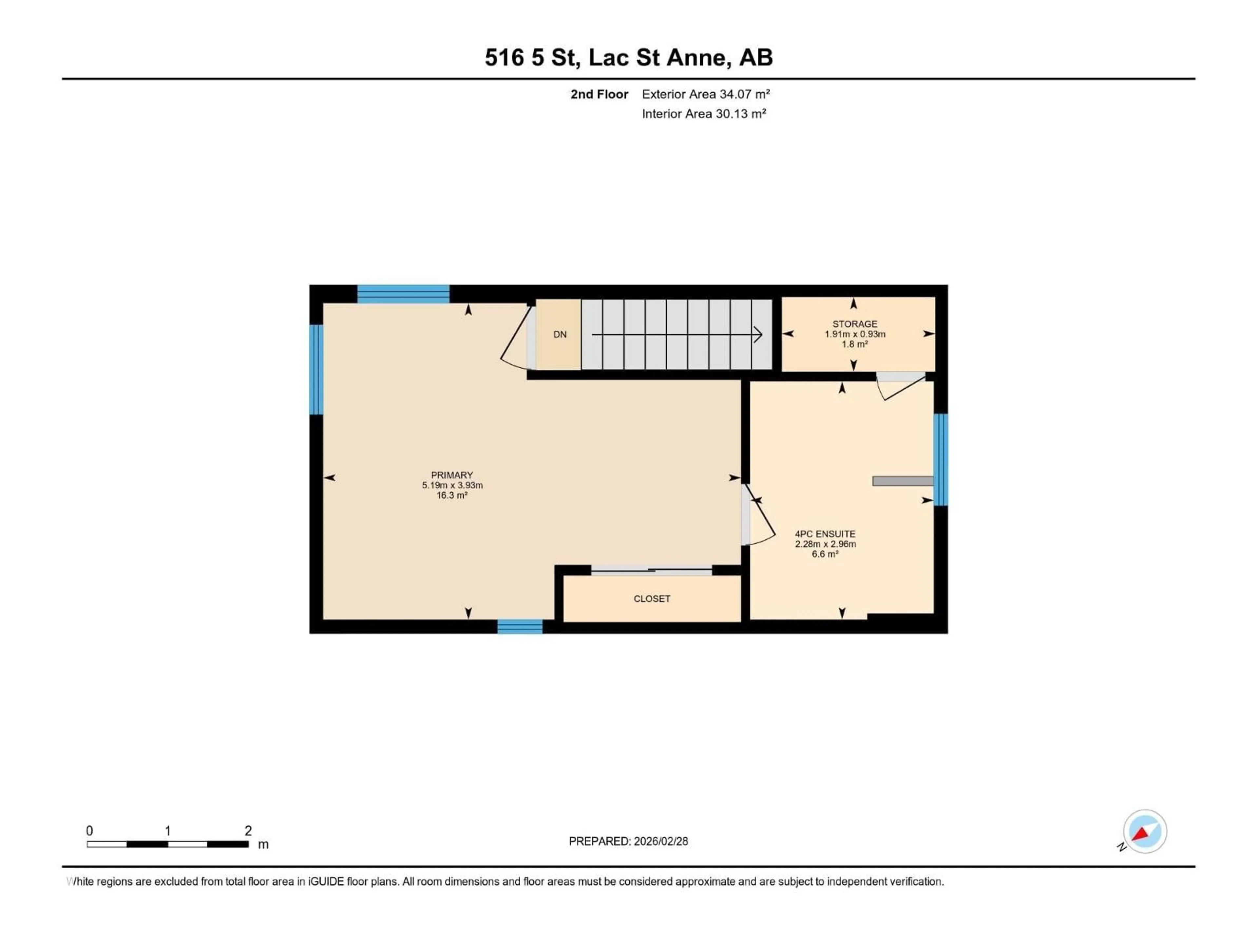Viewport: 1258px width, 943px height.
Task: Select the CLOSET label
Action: click(652, 599)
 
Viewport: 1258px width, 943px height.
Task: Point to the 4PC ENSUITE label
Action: click(825, 534)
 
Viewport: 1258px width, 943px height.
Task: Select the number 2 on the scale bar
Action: click(248, 830)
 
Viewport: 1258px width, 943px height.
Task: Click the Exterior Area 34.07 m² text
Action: click(705, 94)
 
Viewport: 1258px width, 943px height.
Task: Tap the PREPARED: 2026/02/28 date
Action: click(628, 841)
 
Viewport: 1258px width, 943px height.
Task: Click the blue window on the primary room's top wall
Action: click(403, 294)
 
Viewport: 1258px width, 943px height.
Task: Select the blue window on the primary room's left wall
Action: click(316, 369)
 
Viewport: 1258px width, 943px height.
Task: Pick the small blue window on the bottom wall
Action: click(520, 626)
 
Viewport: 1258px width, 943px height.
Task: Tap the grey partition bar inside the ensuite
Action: click(903, 481)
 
